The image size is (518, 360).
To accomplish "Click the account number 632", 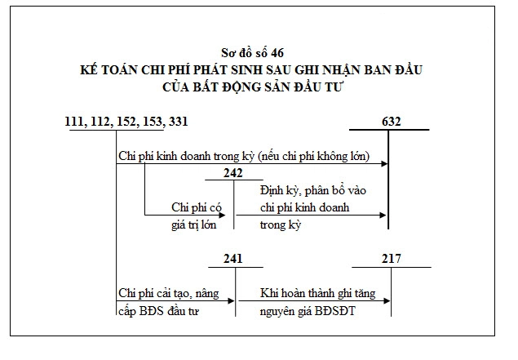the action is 391,122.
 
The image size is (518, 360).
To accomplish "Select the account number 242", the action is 233,173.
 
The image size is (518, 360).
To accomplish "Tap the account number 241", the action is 233,259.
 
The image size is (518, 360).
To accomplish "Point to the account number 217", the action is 392,259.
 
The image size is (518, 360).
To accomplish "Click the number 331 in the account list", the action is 178,122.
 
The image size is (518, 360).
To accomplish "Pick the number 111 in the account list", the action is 74,122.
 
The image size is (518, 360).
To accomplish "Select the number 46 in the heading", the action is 277,53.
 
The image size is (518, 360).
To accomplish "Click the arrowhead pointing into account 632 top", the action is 384,163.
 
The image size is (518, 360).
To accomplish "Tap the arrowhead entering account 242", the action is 222,216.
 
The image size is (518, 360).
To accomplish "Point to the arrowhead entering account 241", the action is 231,301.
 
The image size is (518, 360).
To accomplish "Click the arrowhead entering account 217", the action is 387,301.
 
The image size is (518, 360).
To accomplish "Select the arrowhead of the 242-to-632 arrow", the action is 383,216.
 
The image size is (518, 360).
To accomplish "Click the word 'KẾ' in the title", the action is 89,69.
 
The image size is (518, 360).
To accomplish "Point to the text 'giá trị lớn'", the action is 194,225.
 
